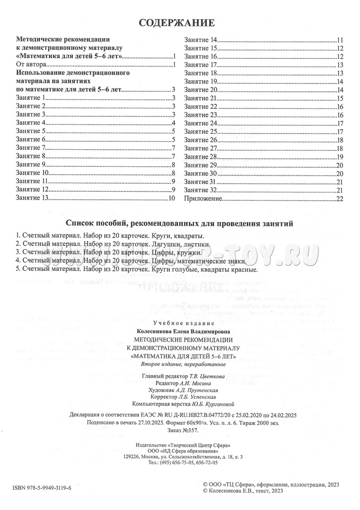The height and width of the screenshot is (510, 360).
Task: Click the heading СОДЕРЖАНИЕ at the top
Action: (177, 23)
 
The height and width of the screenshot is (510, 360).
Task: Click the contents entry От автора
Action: (29, 64)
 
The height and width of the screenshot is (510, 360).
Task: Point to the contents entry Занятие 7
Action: (31, 147)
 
